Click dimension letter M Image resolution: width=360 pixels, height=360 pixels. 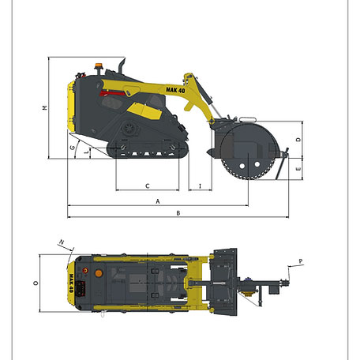click(45, 107)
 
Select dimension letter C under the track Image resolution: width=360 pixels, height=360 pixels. click(148, 186)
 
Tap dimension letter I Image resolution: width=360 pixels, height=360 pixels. click(200, 186)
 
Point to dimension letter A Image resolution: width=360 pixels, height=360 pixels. click(158, 201)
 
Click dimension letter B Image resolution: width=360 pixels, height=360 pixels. click(178, 213)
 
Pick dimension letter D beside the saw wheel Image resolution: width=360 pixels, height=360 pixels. click(298, 139)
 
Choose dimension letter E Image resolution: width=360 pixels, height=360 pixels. click(298, 169)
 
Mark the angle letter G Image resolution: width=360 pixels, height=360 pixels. click(73, 148)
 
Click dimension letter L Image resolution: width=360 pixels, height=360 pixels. click(87, 152)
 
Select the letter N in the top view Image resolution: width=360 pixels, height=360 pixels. click(62, 242)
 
